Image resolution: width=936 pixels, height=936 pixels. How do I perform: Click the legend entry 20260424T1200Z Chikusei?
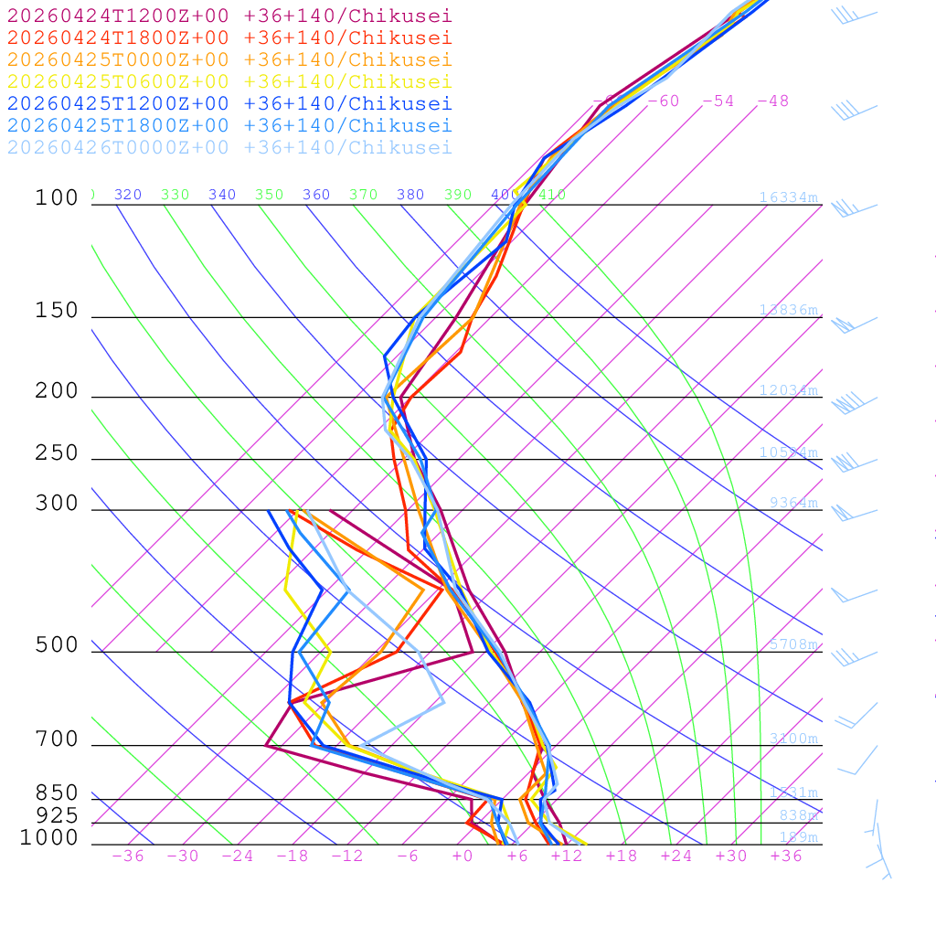point(229,16)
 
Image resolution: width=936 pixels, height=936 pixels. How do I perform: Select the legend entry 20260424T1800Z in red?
point(229,37)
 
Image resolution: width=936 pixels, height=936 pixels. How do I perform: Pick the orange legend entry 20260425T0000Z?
point(229,59)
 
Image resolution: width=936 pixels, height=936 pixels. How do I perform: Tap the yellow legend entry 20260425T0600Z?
point(229,81)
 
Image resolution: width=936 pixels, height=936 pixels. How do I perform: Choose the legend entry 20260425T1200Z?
point(229,103)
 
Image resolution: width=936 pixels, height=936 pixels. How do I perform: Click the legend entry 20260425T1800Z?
point(229,125)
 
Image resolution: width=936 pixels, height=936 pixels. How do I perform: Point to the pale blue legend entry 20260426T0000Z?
point(229,147)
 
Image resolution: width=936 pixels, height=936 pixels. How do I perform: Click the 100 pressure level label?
point(57,197)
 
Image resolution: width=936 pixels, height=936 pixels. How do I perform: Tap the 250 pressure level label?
point(57,453)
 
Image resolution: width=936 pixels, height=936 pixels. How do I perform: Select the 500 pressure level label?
point(57,645)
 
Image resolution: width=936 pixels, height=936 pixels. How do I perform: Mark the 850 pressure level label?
point(57,793)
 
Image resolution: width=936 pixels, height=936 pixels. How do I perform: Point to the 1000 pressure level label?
point(49,837)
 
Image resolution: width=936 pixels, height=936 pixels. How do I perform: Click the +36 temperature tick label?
point(786,856)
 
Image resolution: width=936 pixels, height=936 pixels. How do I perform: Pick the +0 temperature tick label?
point(463,856)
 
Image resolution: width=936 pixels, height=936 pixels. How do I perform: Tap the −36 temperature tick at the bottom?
point(128,856)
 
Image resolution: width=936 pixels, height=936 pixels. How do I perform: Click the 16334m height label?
point(789,197)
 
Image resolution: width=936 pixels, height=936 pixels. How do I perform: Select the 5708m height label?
point(793,644)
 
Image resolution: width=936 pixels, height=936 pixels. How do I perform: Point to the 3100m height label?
point(793,739)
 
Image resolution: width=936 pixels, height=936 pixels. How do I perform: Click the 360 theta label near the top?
point(316,195)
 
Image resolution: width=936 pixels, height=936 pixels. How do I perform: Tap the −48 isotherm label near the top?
point(772,101)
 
